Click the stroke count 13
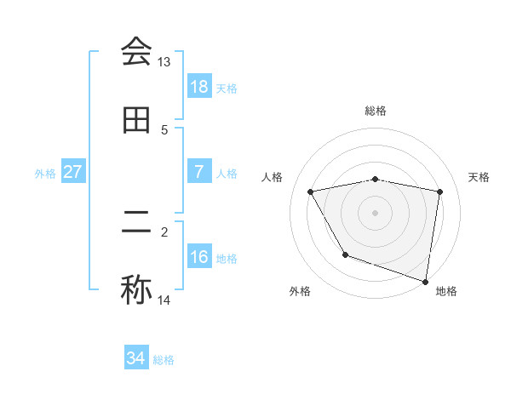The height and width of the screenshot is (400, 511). coord(164,62)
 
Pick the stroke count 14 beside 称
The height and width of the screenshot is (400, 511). coord(164,300)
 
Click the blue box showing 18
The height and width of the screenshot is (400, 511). coord(199,87)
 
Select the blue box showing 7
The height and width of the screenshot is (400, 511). coord(199,172)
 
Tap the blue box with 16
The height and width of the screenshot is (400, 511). coord(199,257)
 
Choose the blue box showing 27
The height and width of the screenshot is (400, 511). coord(73,172)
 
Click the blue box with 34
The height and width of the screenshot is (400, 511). coord(136,358)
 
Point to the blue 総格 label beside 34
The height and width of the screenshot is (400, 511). coord(164,360)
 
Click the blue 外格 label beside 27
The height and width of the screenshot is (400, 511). coord(45,173)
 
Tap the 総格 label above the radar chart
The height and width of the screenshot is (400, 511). coord(376,111)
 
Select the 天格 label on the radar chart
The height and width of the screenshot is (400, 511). coord(479,177)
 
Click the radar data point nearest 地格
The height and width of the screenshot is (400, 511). coord(426,281)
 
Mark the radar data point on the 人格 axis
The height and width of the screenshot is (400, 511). coord(311,191)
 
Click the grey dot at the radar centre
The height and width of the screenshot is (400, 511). coord(376,213)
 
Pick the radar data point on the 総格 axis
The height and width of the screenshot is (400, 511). coord(376,179)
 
